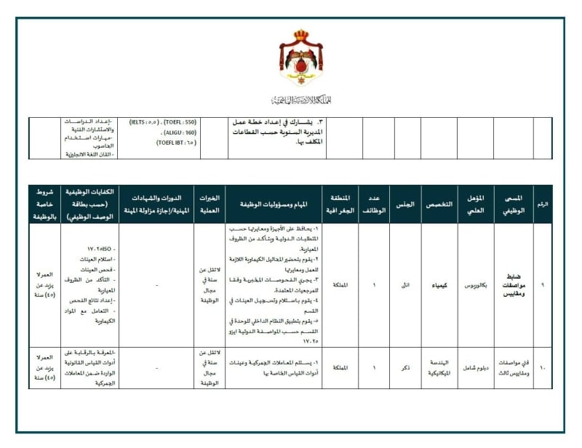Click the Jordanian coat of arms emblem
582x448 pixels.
pyautogui.click(x=300, y=61)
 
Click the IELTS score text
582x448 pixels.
pyautogui.click(x=143, y=122)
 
